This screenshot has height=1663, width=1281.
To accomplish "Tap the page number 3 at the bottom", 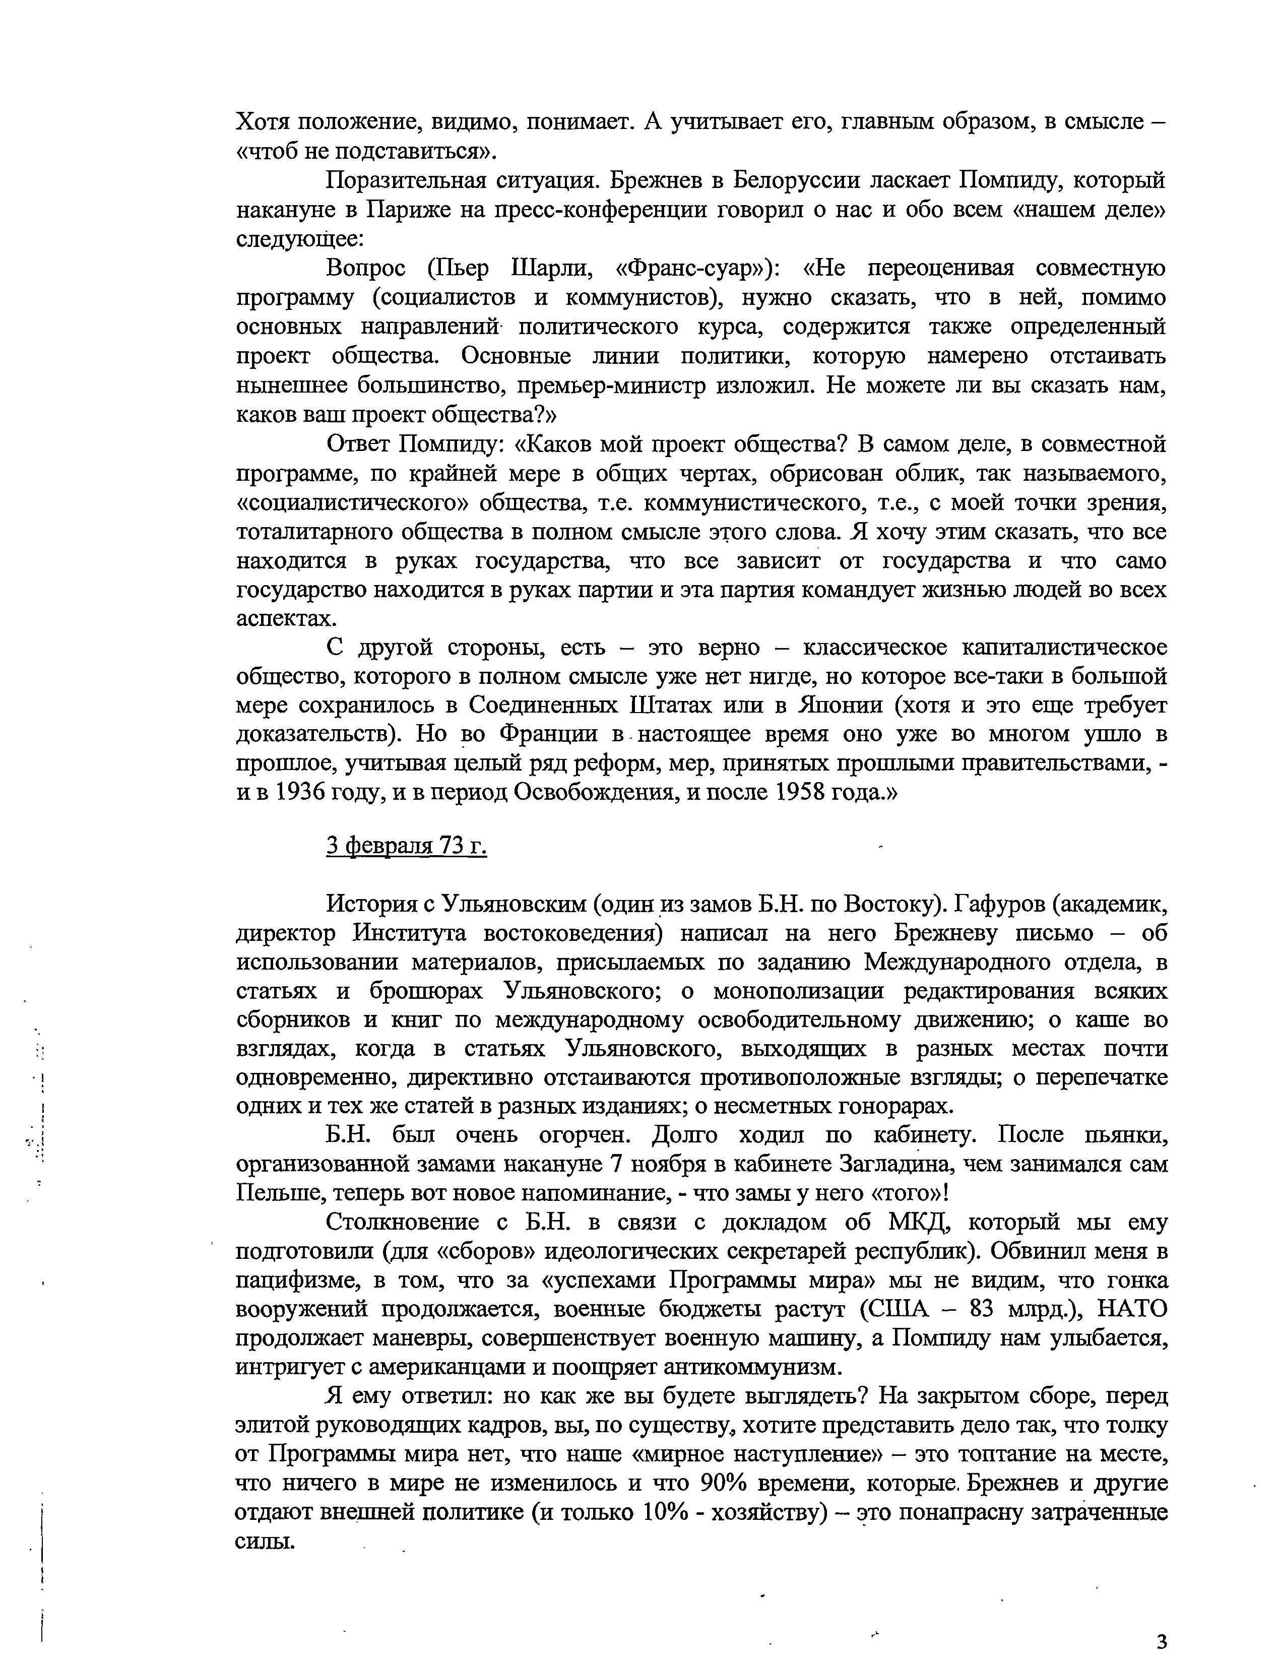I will tap(1161, 1638).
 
